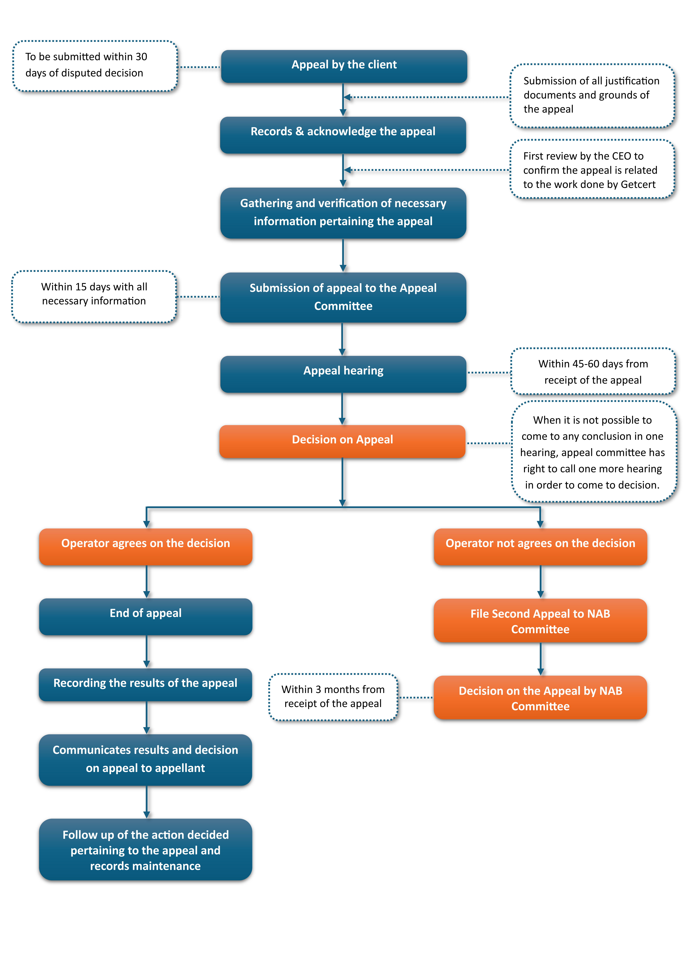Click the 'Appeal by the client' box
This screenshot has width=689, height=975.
[x=344, y=66]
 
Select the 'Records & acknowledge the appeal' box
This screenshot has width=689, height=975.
[x=343, y=135]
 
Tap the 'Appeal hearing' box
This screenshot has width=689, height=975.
[x=343, y=374]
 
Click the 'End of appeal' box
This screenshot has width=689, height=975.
[x=146, y=617]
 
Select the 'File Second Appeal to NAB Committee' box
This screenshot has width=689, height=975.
[x=540, y=620]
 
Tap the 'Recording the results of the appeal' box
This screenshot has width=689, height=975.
[x=146, y=685]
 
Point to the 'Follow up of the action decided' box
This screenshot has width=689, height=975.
[x=146, y=849]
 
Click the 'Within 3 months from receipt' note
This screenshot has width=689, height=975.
[x=333, y=697]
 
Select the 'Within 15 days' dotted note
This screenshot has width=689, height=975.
[x=94, y=296]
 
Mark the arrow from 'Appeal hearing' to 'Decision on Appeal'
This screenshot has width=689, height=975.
[x=342, y=409]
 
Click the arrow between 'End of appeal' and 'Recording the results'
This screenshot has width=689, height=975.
[x=147, y=651]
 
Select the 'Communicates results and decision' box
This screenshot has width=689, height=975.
[x=146, y=760]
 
